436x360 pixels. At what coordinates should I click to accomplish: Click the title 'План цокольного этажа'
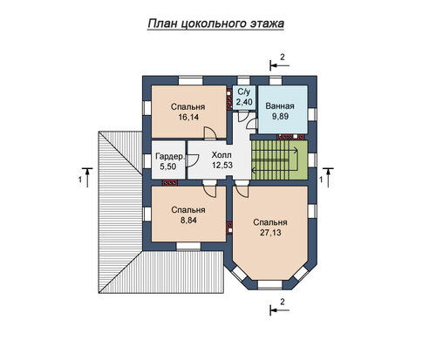tap(215, 24)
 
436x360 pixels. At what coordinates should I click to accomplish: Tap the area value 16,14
tap(187, 117)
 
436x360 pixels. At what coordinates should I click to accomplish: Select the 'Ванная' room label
tap(280, 106)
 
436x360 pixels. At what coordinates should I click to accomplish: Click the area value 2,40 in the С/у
tap(244, 102)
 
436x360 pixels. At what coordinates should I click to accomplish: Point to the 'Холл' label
tap(221, 155)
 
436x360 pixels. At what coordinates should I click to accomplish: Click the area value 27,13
tap(270, 233)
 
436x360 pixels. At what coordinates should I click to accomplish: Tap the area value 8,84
tap(188, 221)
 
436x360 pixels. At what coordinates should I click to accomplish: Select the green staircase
tap(279, 160)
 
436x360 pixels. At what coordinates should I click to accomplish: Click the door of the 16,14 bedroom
tap(210, 133)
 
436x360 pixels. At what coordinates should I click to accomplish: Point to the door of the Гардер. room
tap(192, 160)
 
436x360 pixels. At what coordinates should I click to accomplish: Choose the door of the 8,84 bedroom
tap(209, 189)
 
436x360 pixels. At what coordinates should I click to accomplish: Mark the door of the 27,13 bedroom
tap(242, 189)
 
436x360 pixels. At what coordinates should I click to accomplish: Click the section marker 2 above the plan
tap(280, 62)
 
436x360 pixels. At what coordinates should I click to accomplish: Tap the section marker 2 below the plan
tap(280, 307)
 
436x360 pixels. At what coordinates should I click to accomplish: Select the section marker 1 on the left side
tap(85, 177)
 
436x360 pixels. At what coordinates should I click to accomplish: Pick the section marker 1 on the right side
tap(326, 177)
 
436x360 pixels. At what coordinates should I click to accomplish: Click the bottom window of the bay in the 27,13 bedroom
tap(270, 284)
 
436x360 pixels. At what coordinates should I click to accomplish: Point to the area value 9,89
tap(280, 116)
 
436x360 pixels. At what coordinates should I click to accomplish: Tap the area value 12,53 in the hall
tap(222, 165)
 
